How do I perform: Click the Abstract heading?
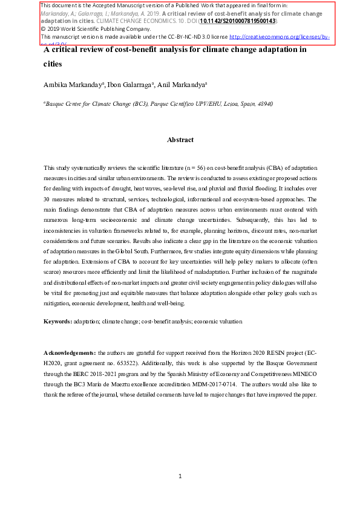180,140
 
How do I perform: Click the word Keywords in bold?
57,322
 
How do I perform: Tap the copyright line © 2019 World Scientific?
87,28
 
